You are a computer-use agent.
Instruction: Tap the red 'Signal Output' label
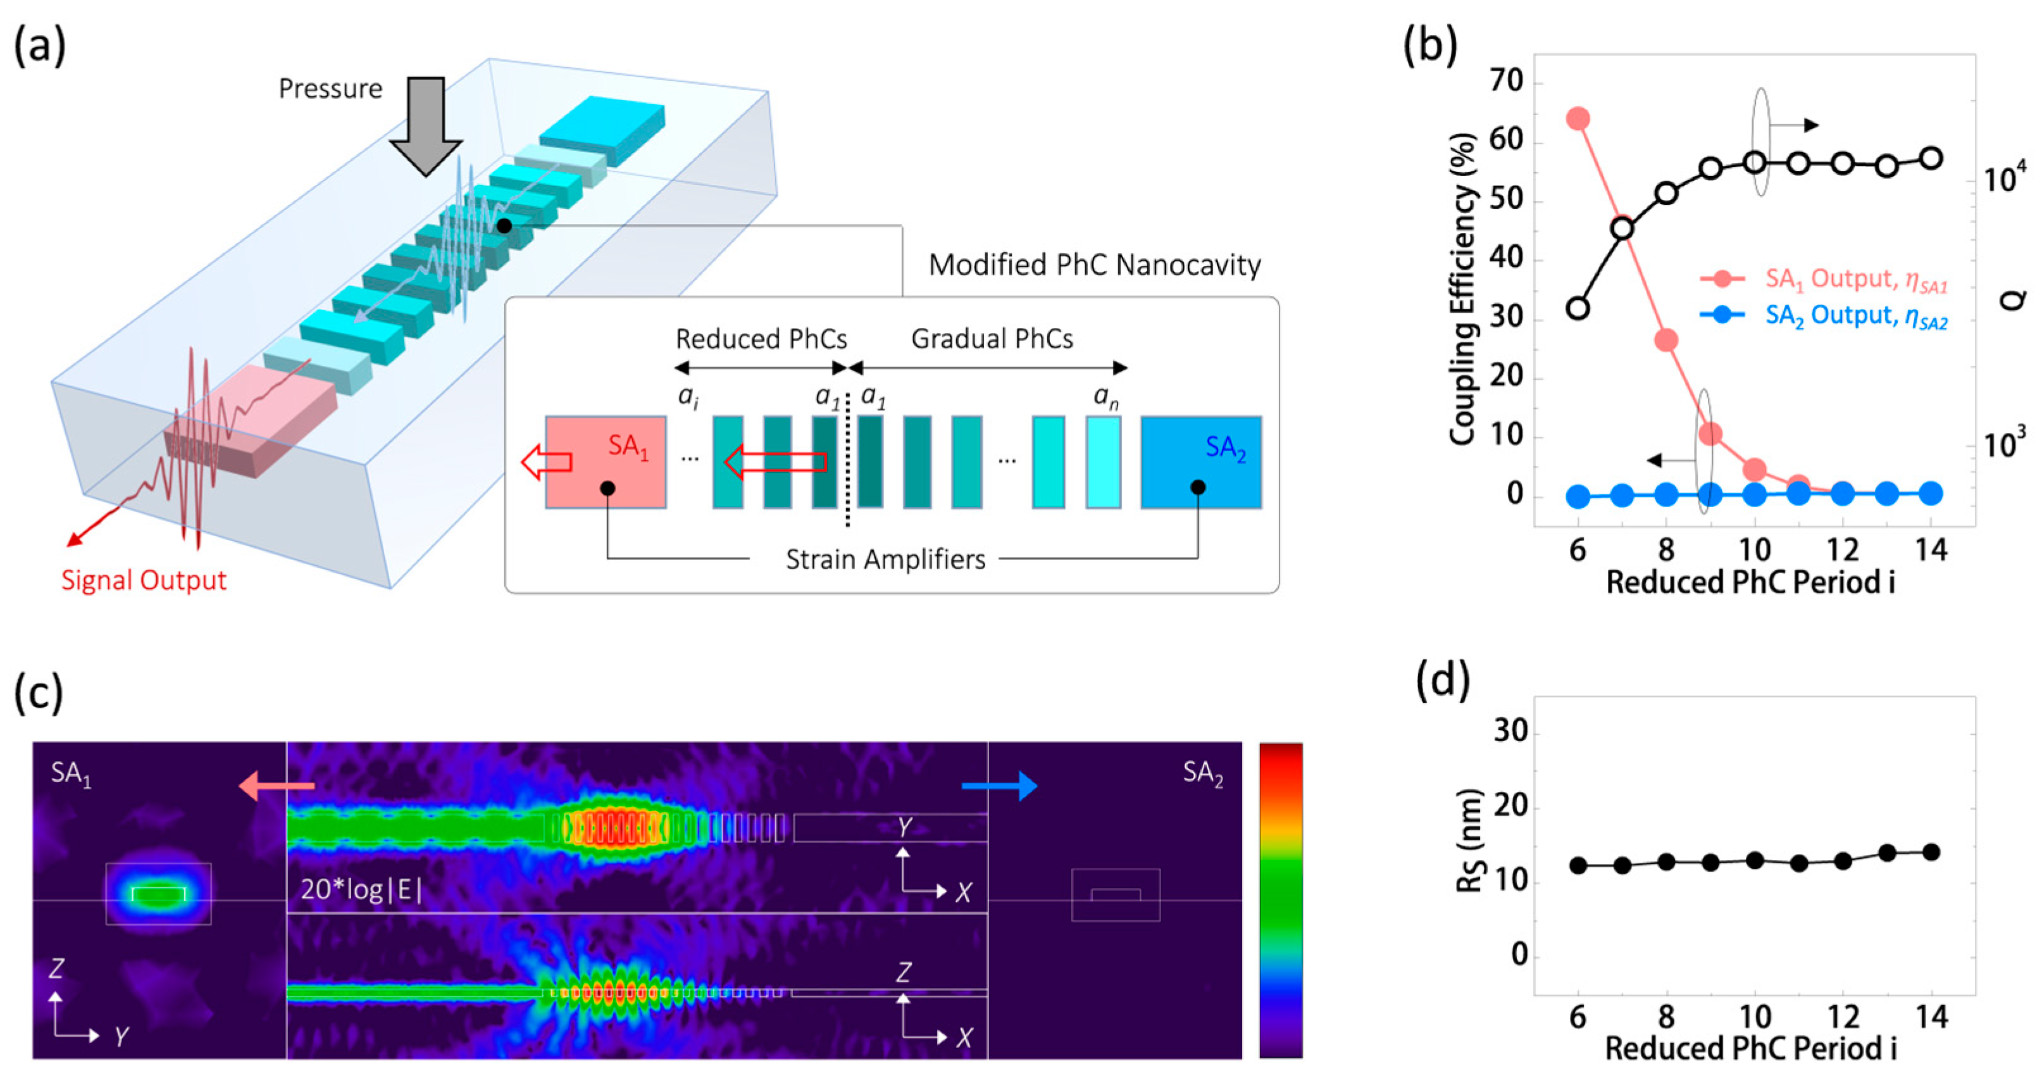pos(144,580)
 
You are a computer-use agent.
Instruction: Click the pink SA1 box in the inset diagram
pos(606,461)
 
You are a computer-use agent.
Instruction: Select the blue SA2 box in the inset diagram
pos(1201,461)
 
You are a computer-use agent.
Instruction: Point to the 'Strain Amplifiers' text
pos(885,560)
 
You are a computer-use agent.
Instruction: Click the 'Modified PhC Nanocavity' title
pos(1094,265)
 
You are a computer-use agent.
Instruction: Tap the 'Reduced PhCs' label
pos(761,339)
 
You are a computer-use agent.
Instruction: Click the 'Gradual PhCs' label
pos(992,339)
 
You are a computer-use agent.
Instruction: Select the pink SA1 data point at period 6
pos(1578,119)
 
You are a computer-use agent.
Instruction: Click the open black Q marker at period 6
pos(1578,308)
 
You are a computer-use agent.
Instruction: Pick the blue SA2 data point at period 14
pos(1931,493)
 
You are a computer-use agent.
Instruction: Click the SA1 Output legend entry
pos(1823,279)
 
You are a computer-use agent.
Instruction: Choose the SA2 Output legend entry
pos(1823,316)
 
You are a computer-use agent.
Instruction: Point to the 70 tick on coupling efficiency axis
pos(1506,82)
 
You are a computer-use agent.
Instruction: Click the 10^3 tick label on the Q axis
pos(2005,444)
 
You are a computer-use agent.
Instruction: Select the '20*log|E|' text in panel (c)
pos(361,891)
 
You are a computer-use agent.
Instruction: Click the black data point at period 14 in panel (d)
pos(1931,853)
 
